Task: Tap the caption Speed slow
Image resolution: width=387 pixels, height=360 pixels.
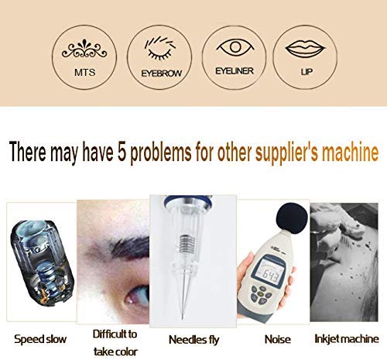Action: [40, 338]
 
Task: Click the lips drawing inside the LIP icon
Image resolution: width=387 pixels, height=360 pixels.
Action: [304, 46]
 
